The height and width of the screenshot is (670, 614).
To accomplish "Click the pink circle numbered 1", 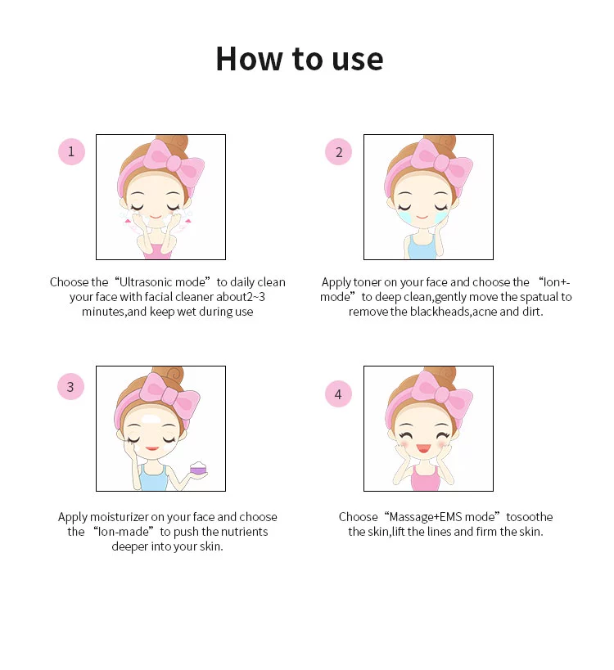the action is [71, 151].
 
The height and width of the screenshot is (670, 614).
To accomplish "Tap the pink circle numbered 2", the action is [338, 151].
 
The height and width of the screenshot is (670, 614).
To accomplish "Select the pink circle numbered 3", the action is [70, 387].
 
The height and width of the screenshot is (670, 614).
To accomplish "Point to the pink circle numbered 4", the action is [338, 393].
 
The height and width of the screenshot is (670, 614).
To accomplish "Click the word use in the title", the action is [358, 60].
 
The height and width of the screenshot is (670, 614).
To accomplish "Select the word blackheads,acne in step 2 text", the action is [453, 312].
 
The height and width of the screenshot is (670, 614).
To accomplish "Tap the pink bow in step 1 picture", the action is [174, 161].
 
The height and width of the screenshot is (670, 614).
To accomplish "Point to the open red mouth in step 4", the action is [423, 448].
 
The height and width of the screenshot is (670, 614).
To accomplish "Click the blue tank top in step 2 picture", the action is [422, 247].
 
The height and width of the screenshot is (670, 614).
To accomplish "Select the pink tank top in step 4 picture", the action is [426, 479].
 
